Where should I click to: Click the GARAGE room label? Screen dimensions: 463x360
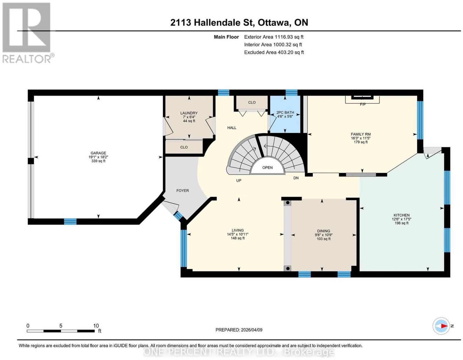point(98,153)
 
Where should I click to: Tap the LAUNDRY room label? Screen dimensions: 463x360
point(189,113)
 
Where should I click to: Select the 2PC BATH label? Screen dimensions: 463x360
point(285,112)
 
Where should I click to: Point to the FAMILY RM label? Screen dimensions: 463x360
point(361,134)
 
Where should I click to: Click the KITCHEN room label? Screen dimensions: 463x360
point(401,215)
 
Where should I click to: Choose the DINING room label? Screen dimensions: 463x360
point(324,231)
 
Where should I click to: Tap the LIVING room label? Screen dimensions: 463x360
point(238,230)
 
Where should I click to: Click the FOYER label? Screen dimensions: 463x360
point(183,191)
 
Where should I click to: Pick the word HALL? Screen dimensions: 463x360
point(232,128)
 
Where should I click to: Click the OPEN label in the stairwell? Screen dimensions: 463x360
point(267,167)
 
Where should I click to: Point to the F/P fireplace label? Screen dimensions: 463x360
point(363,105)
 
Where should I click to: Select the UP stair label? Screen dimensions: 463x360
point(239,180)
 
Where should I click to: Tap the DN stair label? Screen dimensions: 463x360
point(296,178)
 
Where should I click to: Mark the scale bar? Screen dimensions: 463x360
point(61,331)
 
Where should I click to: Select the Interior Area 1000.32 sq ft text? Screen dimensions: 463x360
point(273,45)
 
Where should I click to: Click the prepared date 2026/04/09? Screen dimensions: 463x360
point(251,330)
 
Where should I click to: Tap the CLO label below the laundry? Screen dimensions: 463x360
point(184,147)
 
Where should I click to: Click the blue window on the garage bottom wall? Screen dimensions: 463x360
point(70,222)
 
